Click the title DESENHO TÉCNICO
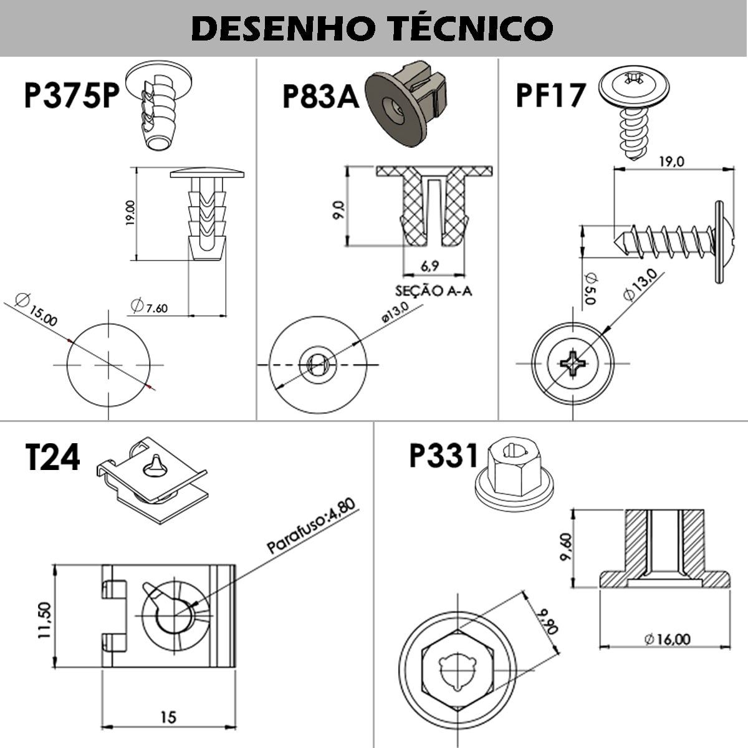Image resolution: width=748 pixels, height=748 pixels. pos(373,28)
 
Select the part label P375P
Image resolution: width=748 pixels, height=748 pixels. pos(72,95)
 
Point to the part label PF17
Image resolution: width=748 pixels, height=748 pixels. pos(551,95)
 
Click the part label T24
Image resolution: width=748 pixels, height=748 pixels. pos(53,458)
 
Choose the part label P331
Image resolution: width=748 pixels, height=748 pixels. pos(444,455)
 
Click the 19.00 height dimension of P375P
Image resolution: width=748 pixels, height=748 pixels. pos(129,213)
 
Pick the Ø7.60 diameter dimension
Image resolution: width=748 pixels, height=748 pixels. pos(149,306)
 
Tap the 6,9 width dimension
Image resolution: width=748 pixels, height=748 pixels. pos(429,266)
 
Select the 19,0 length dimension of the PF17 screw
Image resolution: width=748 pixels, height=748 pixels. pos(671,161)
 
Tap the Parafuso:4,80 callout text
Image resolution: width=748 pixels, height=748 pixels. pos(311,526)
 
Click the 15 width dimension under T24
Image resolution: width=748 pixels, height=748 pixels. pos(168,717)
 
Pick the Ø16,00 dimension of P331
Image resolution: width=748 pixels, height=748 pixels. pos(668,639)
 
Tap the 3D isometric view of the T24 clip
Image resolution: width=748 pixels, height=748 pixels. pos(151,477)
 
